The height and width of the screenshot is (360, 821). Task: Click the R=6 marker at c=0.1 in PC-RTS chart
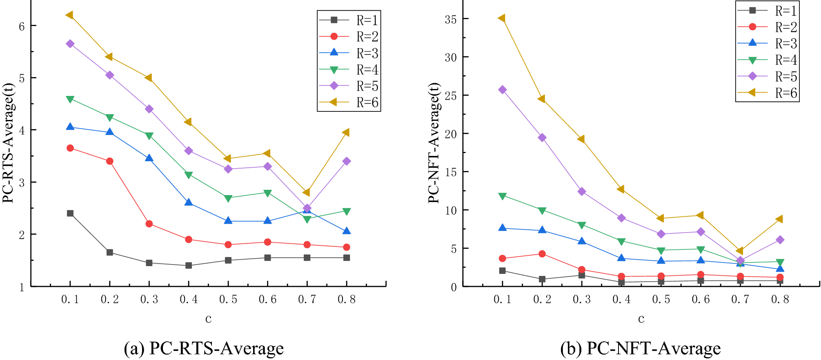click(69, 15)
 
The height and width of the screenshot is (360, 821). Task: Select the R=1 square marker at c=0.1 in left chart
click(70, 213)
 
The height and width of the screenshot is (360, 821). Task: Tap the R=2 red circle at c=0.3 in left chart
click(149, 224)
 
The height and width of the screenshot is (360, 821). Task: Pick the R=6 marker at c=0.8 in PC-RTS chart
click(346, 132)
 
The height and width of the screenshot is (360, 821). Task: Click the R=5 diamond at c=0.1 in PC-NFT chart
click(503, 90)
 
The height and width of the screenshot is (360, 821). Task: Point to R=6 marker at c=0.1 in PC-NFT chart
click(502, 18)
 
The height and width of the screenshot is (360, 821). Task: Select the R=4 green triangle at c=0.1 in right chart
click(503, 196)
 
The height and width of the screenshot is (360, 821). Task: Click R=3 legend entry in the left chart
click(349, 53)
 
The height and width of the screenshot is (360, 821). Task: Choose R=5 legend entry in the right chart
click(768, 76)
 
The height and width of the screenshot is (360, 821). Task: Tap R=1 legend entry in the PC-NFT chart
click(768, 11)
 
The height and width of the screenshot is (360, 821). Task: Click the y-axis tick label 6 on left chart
click(22, 27)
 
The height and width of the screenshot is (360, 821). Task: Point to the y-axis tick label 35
click(451, 20)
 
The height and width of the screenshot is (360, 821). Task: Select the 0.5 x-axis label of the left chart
click(228, 300)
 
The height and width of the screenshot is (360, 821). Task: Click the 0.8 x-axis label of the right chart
click(780, 300)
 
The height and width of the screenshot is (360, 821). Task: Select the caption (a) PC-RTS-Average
click(204, 348)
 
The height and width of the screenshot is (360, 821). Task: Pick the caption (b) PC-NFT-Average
click(640, 348)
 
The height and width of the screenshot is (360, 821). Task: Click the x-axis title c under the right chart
click(641, 319)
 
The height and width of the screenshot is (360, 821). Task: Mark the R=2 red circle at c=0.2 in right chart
click(542, 254)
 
